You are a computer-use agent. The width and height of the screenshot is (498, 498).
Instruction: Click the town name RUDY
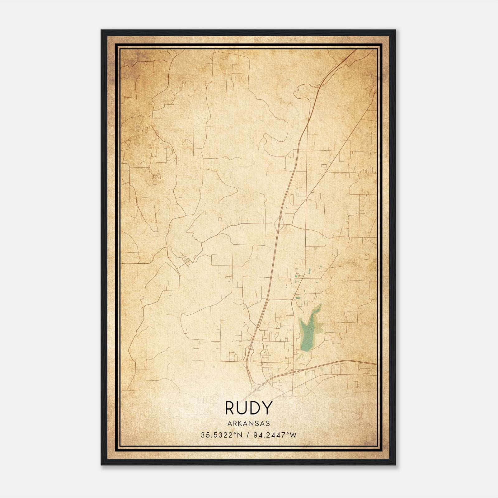tap(248, 408)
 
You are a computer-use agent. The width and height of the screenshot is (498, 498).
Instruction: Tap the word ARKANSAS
tap(248, 423)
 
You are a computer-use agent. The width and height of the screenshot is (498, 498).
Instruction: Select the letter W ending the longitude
tap(293, 435)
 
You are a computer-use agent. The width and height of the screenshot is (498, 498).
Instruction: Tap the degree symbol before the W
tap(288, 433)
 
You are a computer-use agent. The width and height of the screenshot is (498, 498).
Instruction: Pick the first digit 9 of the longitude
tap(256, 435)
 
